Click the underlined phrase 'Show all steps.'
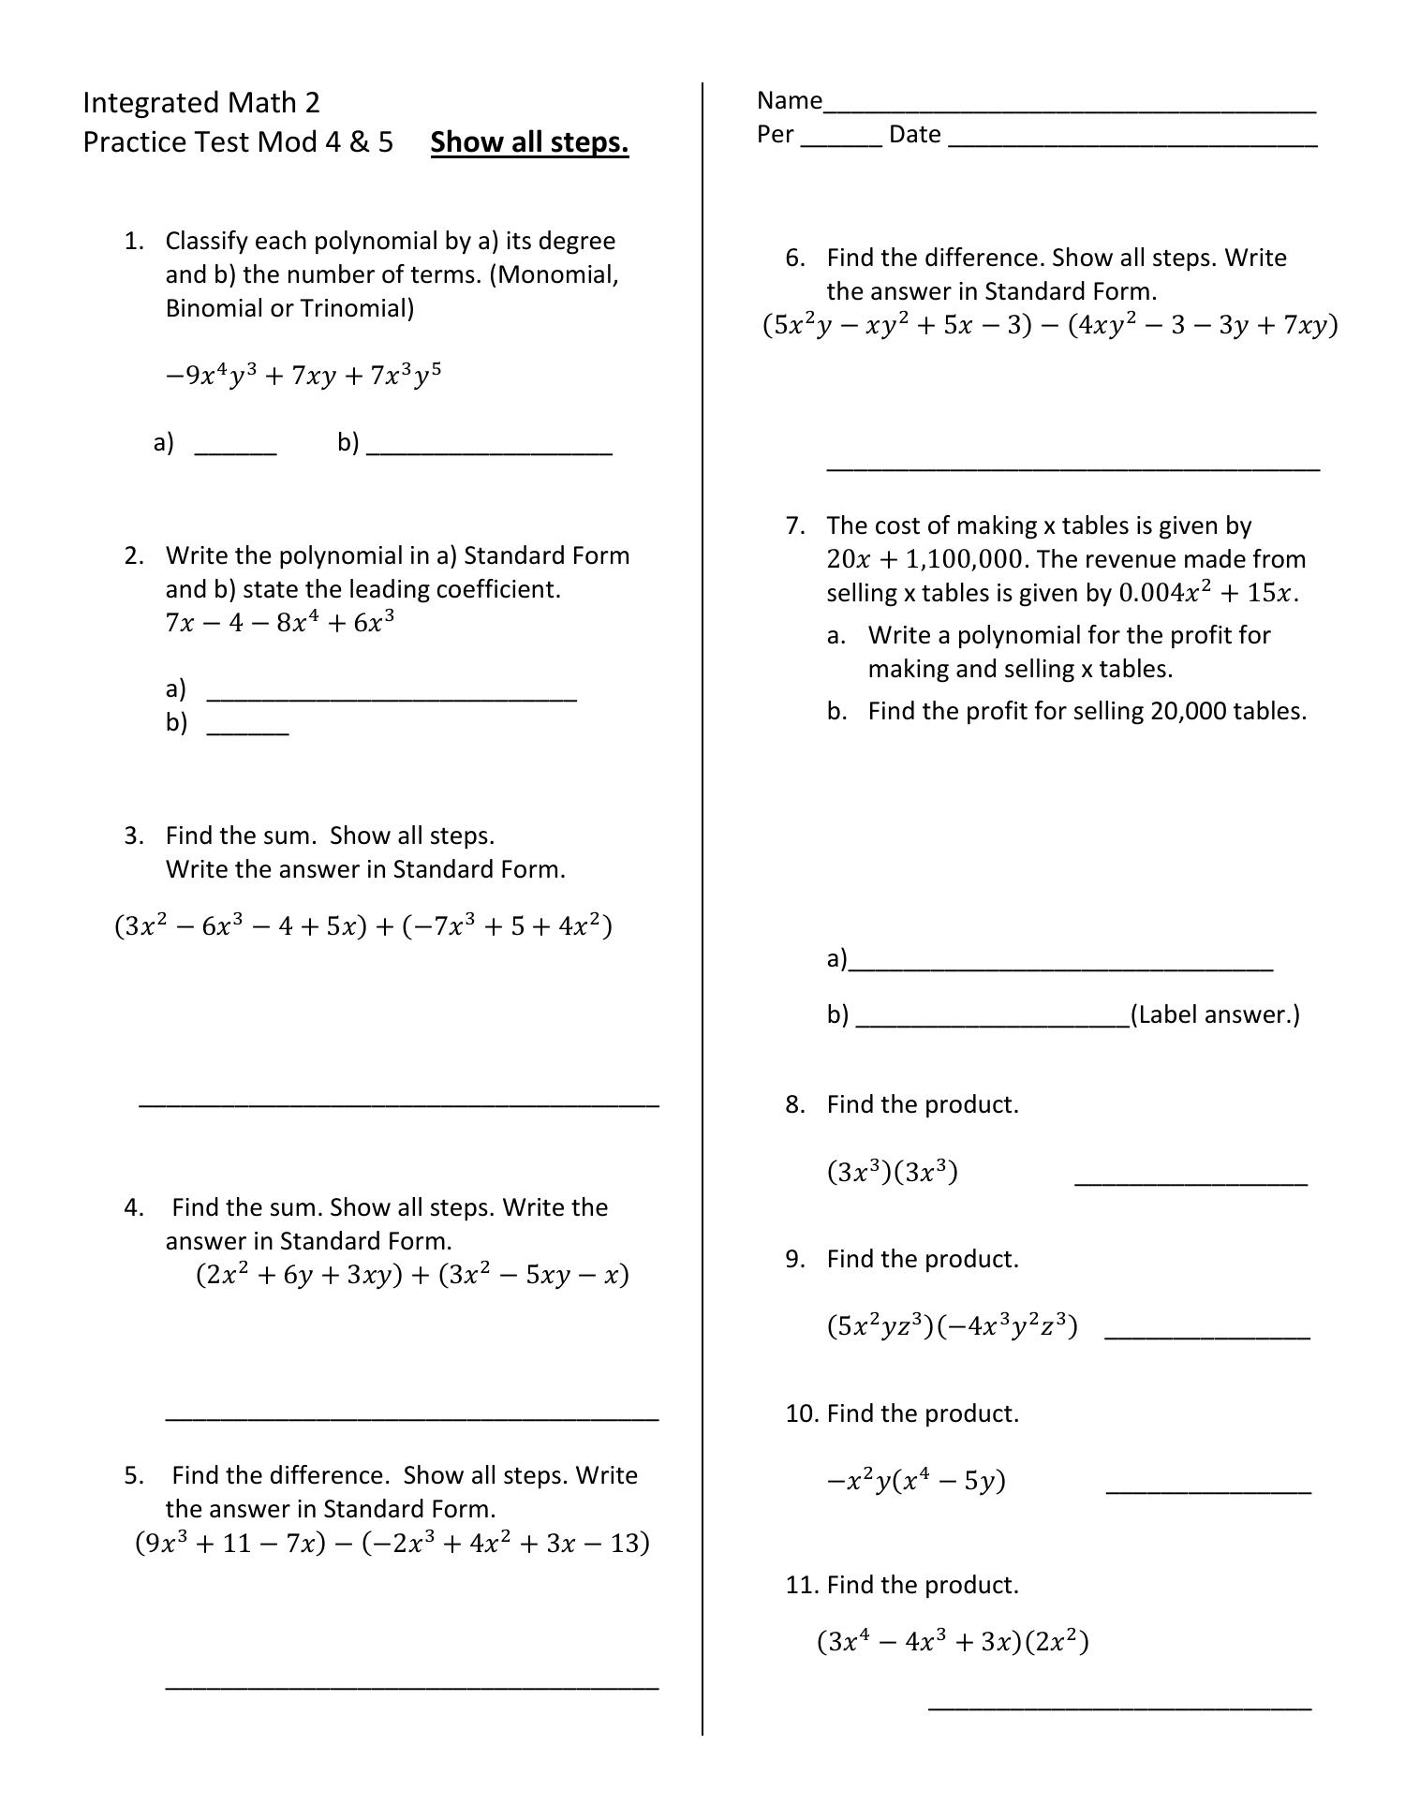click(529, 142)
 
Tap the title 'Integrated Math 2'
click(201, 102)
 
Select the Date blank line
click(1132, 140)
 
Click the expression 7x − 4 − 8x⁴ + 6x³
click(280, 623)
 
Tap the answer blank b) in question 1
click(489, 448)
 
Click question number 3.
click(134, 836)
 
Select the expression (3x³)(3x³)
click(892, 1172)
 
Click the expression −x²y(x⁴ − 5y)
click(916, 1481)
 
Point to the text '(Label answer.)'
click(1215, 1014)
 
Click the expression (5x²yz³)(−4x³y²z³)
click(952, 1326)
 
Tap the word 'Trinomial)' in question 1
click(357, 308)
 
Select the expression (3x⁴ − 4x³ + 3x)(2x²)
click(953, 1642)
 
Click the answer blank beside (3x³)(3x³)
click(1190, 1179)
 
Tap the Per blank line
click(841, 140)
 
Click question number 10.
click(802, 1413)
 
